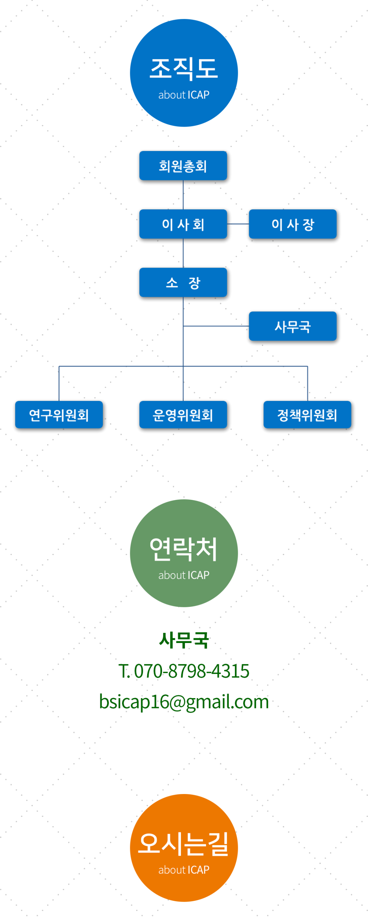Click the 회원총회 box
tap(183, 165)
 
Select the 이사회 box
tap(183, 224)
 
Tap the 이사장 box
tap(293, 224)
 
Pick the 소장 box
tap(183, 282)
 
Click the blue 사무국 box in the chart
tap(293, 326)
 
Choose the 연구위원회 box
tap(59, 414)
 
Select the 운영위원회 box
tap(183, 414)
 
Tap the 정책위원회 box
tap(307, 414)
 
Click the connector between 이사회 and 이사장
tap(238, 224)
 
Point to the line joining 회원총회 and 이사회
tap(183, 195)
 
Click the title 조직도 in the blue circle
tap(184, 69)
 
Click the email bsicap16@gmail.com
tap(184, 701)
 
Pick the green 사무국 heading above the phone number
tap(184, 640)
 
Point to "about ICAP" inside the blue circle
tap(184, 95)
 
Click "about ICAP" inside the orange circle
tap(184, 870)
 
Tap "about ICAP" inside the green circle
tap(184, 575)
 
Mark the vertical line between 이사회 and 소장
tap(183, 253)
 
